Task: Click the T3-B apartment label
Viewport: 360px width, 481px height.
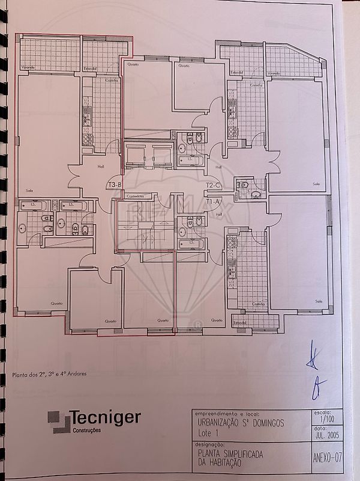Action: [x=115, y=185]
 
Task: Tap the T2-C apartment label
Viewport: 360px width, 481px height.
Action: [x=214, y=185]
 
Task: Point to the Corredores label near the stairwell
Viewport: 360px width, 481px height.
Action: [x=137, y=197]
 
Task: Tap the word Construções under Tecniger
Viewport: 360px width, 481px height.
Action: [x=87, y=430]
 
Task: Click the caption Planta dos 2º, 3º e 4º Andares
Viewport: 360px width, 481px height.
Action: [x=50, y=373]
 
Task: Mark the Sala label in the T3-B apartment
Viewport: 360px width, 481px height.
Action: [x=29, y=190]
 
